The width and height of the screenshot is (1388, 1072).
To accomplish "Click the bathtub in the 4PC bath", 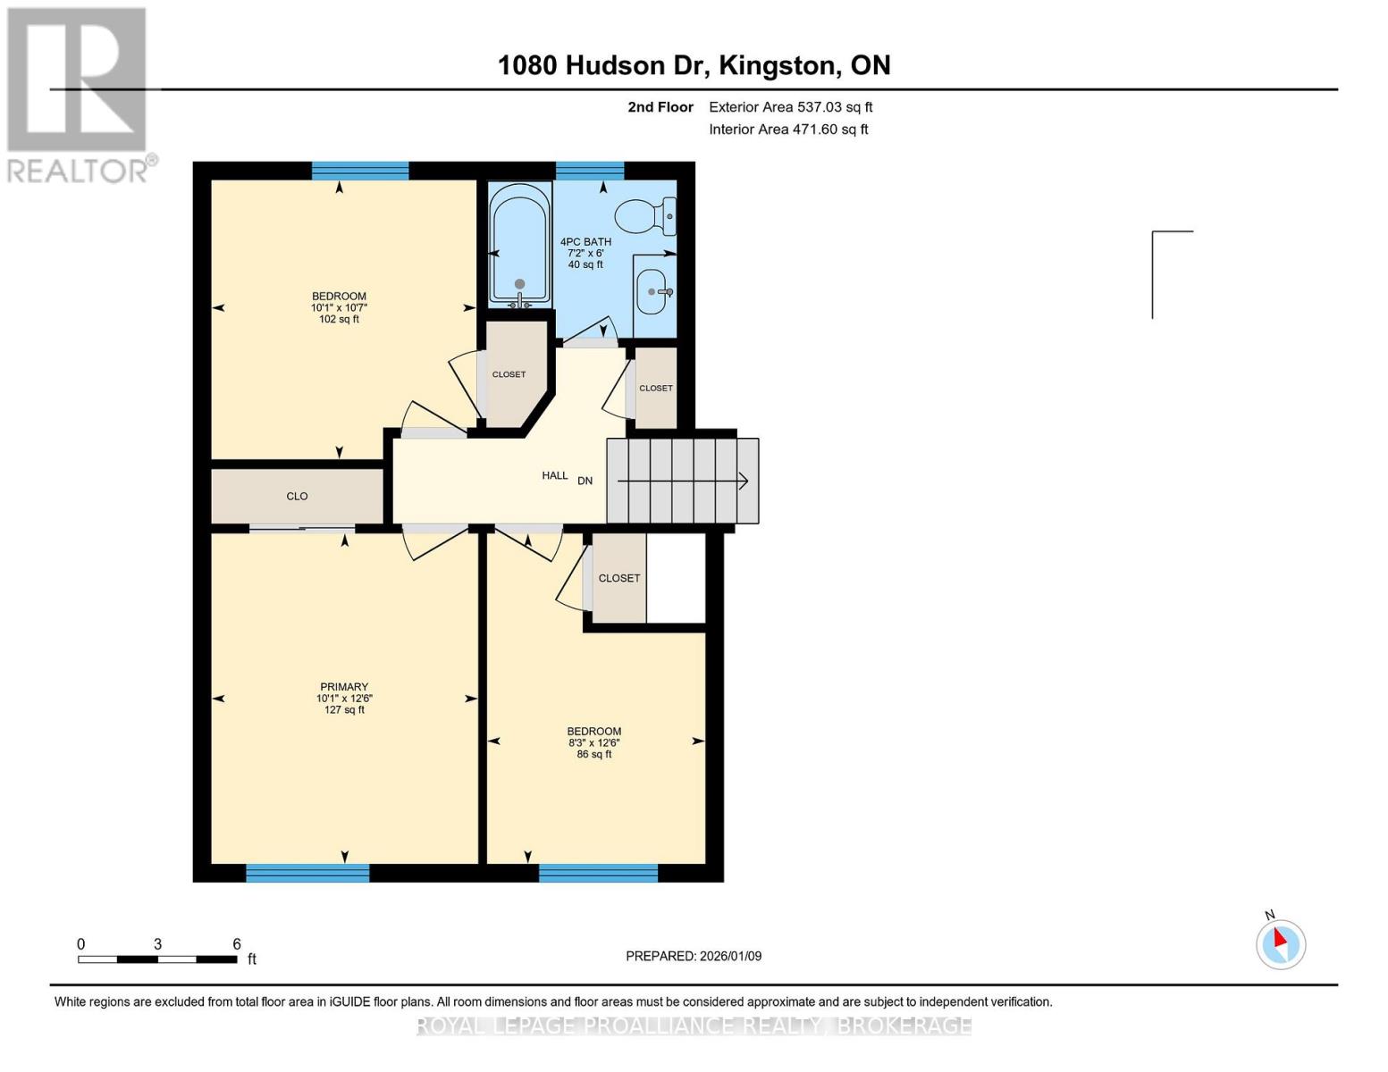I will click(x=519, y=243).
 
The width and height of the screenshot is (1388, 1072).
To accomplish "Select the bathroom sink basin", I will click(x=652, y=292).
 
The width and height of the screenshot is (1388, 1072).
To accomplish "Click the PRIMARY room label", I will click(x=344, y=687).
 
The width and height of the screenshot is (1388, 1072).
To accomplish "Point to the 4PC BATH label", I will click(x=585, y=242).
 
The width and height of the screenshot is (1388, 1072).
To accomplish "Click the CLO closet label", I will click(x=297, y=496).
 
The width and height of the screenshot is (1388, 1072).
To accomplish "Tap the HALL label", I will click(x=554, y=475).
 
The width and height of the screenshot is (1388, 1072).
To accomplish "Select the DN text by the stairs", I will click(x=585, y=481).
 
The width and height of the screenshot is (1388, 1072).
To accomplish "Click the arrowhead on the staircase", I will click(x=743, y=482).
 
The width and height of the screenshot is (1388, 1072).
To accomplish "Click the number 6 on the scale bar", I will click(x=237, y=944).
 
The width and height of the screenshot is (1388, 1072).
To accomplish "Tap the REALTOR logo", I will click(x=77, y=94).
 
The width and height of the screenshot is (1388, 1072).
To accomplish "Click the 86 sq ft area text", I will click(x=594, y=754).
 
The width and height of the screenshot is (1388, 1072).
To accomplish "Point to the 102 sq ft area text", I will click(x=339, y=319).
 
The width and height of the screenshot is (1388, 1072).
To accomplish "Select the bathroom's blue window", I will click(x=590, y=171).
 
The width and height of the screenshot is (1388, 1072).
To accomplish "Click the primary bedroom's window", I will click(x=307, y=873).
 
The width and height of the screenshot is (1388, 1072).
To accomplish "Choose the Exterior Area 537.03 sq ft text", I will click(x=790, y=107).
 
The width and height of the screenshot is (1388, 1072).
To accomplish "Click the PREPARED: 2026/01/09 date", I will click(x=694, y=956).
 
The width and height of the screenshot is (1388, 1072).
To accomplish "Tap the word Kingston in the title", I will click(x=778, y=65).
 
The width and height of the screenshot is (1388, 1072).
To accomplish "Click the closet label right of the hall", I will click(x=655, y=388).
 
